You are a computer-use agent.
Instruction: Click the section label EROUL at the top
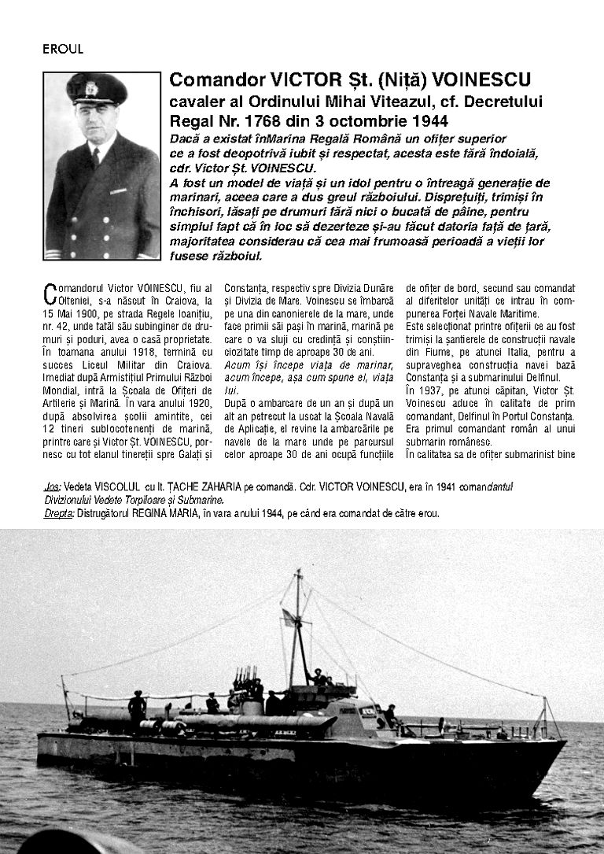(63, 49)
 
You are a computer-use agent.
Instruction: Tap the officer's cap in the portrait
(97, 88)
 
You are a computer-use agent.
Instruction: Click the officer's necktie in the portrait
(95, 157)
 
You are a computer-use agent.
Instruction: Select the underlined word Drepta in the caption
(59, 513)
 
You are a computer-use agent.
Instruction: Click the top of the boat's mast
(297, 572)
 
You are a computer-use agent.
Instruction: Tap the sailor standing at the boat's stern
(137, 706)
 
